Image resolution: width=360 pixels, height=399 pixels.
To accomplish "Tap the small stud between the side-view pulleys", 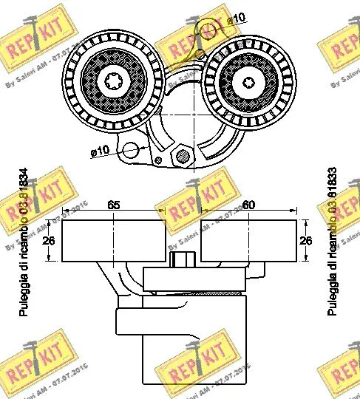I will pyautogui.click(x=183, y=261).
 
